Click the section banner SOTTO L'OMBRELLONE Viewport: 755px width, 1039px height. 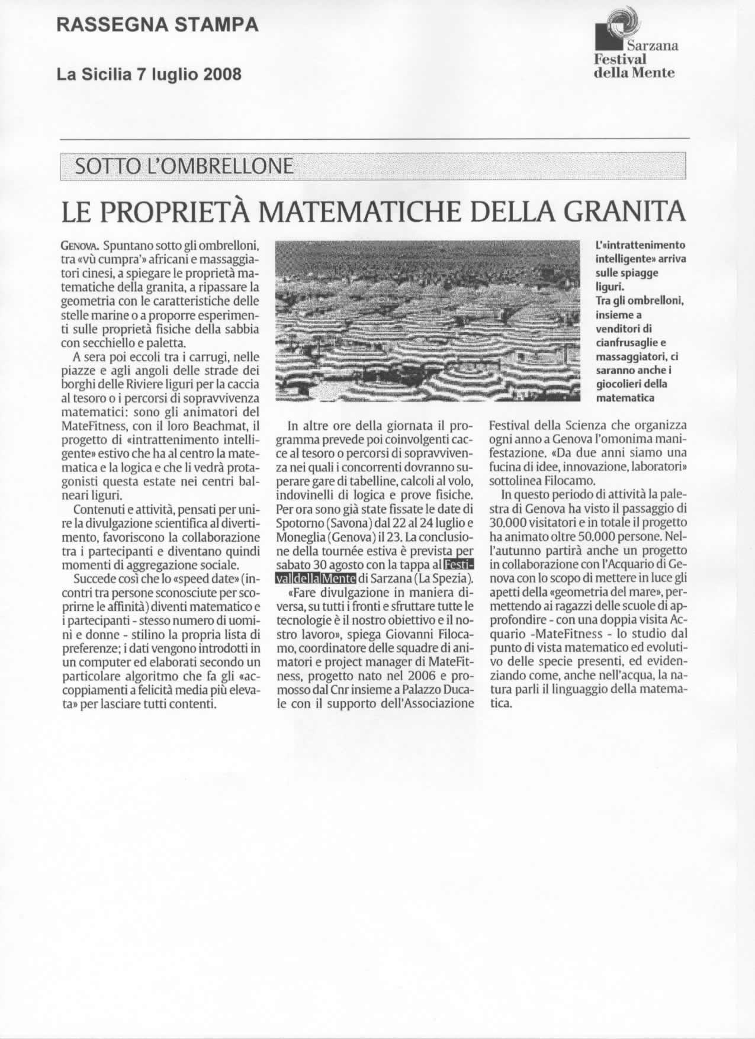point(182,167)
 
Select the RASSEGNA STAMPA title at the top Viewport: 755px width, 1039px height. point(158,25)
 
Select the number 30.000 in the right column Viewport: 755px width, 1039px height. point(513,523)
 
